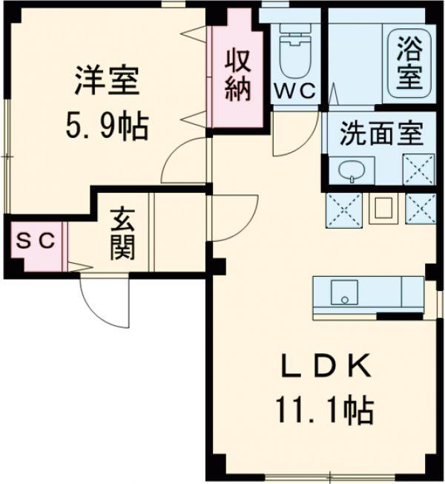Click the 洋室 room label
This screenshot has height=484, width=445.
coord(107,81)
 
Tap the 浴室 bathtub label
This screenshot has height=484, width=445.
coord(406,62)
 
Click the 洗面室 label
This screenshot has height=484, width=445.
coord(381,136)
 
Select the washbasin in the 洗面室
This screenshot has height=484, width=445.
coord(350,171)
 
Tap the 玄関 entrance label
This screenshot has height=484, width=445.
coord(122,235)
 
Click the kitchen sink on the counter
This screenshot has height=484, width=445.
coord(343,291)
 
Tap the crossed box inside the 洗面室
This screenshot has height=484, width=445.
coord(418,169)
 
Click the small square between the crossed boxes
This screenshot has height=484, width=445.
coord(383,209)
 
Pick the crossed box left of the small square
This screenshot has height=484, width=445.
coord(344,209)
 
